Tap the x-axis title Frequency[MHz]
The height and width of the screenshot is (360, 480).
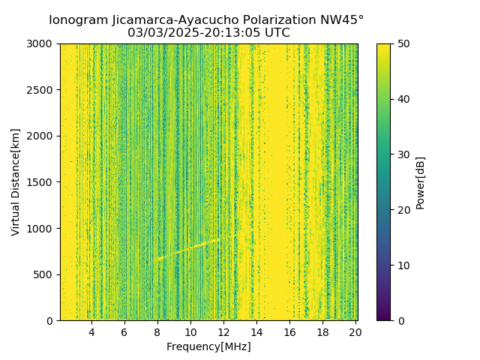pos(208,346)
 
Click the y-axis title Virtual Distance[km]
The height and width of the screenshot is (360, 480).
pos(16,182)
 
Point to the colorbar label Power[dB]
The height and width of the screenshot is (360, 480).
pos(421,182)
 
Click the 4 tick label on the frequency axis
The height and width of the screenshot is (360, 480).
pos(91,331)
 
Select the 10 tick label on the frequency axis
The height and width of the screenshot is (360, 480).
pos(190,331)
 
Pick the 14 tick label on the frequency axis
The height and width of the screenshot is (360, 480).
pos(256,331)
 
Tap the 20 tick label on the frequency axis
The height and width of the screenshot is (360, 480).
pos(355,331)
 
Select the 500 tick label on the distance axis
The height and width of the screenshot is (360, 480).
pos(44,274)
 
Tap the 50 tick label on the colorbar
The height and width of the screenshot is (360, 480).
pos(404,44)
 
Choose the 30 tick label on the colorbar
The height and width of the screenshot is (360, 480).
pos(404,154)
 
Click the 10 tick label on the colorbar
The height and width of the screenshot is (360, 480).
pos(404,265)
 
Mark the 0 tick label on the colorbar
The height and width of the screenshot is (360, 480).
pos(401,320)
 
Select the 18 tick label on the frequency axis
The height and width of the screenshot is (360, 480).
pos(322,331)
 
